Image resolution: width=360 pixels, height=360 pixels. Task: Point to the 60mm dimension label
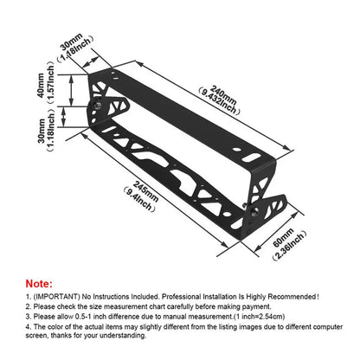point(281,237)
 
